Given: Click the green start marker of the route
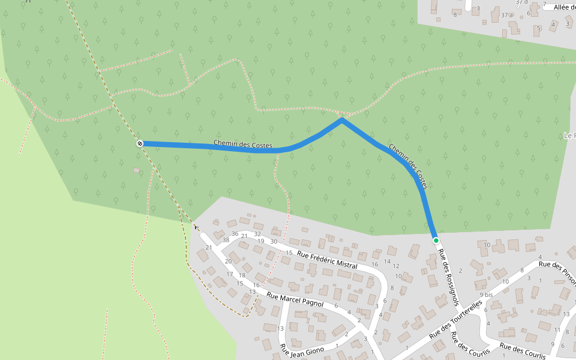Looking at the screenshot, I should click(x=436, y=241).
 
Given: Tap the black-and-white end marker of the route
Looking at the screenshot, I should click(x=140, y=143).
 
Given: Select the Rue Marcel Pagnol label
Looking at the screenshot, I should click(x=295, y=300).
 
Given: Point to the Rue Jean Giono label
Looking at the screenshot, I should click(x=302, y=349).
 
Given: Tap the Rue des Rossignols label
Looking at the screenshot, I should click(x=449, y=278).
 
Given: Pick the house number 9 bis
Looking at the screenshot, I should click(x=486, y=295).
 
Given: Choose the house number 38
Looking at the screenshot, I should click(x=226, y=240).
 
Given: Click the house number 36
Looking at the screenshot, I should click(x=235, y=234).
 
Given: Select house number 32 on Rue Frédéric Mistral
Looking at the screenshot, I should click(x=257, y=234).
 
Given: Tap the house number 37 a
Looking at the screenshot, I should click(x=506, y=14).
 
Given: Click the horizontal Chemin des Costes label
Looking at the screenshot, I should click(x=243, y=145).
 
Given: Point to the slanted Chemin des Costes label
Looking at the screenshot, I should click(x=408, y=166).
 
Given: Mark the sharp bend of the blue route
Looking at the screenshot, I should click(x=341, y=119).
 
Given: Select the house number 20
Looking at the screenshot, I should click(x=228, y=261).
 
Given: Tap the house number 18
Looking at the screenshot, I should click(x=242, y=275).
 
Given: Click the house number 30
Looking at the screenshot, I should click(x=274, y=241).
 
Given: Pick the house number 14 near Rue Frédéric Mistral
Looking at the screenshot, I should click(x=387, y=261).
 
